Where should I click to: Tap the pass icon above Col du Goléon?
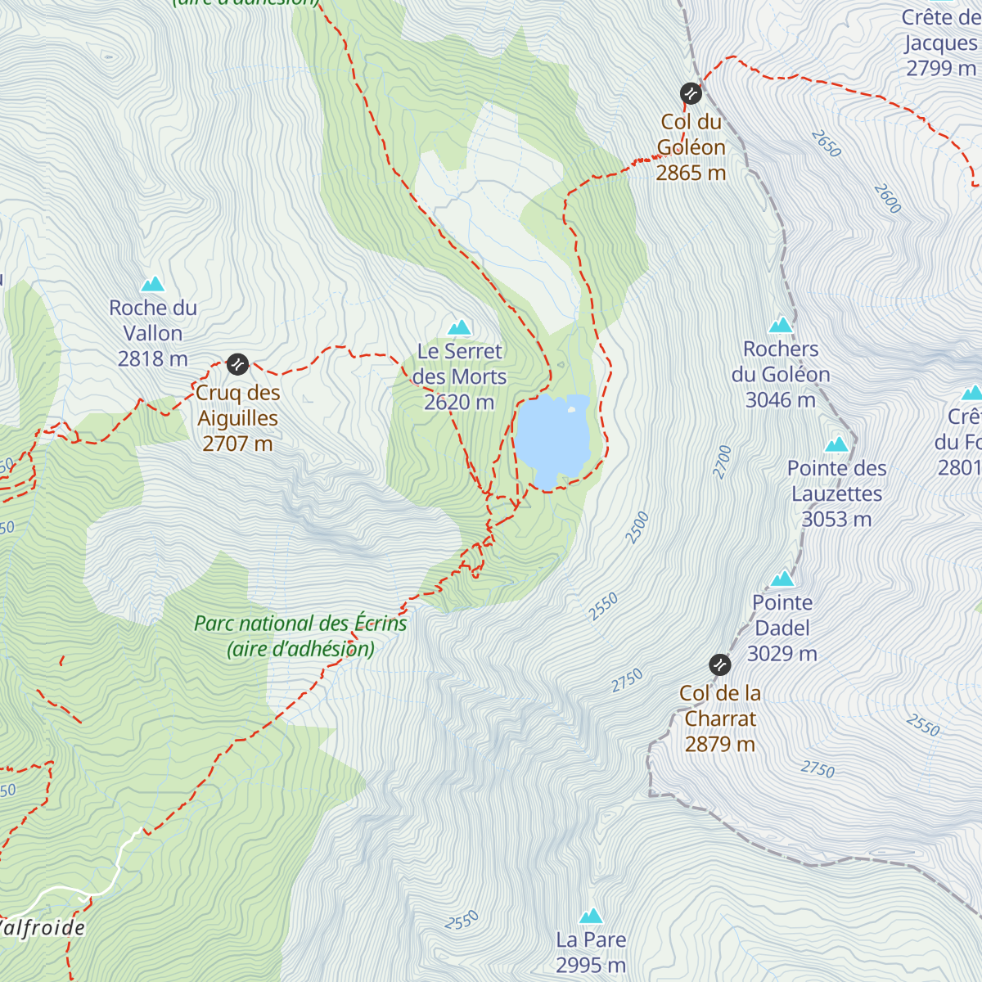(691, 93)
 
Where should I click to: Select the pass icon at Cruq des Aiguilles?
(237, 363)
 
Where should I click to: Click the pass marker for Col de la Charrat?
(719, 664)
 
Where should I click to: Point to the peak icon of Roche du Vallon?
(153, 285)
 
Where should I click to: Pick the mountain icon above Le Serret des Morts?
(459, 327)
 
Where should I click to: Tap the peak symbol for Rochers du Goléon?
(781, 325)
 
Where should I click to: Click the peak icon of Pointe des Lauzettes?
(836, 444)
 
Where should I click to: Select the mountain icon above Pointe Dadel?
(782, 579)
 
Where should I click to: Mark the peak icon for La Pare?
(591, 916)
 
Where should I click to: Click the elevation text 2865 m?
(691, 173)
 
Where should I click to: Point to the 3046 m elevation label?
(780, 399)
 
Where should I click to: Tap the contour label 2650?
(827, 144)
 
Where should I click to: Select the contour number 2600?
(887, 199)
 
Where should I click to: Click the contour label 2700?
(723, 462)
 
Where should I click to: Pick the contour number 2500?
(637, 528)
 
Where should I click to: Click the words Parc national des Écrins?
(300, 624)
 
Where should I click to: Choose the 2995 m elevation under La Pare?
(591, 966)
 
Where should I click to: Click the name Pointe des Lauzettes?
(836, 481)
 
